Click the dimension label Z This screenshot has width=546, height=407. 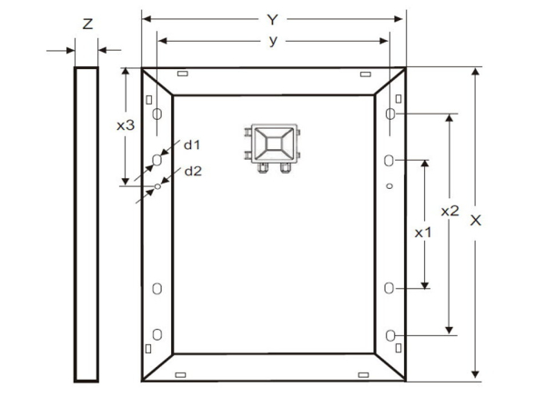[x=87, y=24]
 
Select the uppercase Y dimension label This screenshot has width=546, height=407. [x=273, y=20]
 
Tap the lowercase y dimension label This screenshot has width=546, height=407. [x=273, y=41]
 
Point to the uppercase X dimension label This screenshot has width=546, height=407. [x=475, y=220]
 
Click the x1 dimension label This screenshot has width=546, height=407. [x=423, y=233]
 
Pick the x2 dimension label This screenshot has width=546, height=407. [x=450, y=211]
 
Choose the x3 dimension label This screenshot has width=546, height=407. [x=126, y=125]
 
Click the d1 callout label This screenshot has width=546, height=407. [x=192, y=145]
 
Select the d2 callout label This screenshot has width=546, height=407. [x=193, y=171]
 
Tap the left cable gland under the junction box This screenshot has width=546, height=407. [x=263, y=167]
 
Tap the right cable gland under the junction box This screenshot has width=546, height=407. [x=285, y=167]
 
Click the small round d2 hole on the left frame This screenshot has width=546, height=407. [x=157, y=186]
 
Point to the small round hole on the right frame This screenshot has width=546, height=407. [x=389, y=186]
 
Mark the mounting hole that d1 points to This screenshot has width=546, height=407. [x=157, y=160]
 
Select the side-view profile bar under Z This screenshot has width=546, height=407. [x=86, y=224]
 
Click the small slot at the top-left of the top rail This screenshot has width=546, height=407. [x=183, y=74]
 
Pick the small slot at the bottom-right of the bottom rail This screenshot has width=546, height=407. [x=363, y=374]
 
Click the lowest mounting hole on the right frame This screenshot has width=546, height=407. [x=390, y=335]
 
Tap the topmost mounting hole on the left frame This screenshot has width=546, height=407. [x=157, y=114]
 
